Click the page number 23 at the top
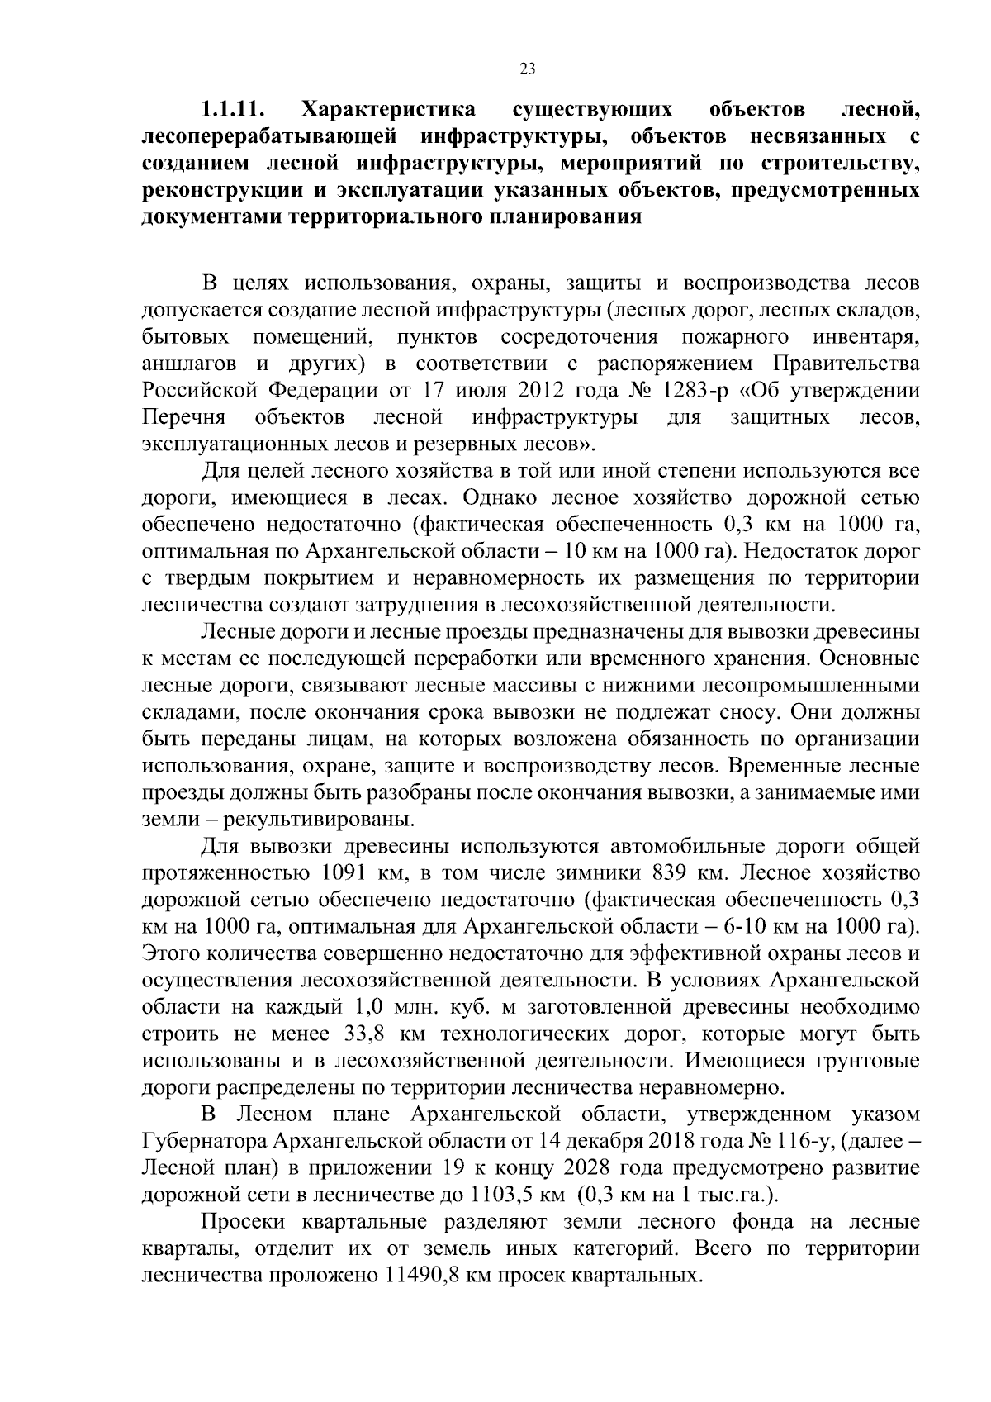pos(528,69)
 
